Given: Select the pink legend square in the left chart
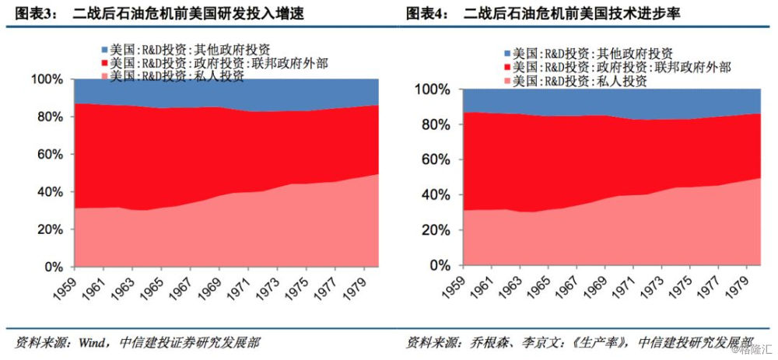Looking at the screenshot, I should (104, 75).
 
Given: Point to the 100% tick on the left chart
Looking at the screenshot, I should (45, 79).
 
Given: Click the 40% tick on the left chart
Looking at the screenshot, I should (48, 192).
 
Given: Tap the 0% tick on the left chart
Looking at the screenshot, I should (52, 267).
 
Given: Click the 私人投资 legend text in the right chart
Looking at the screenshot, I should (622, 81).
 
